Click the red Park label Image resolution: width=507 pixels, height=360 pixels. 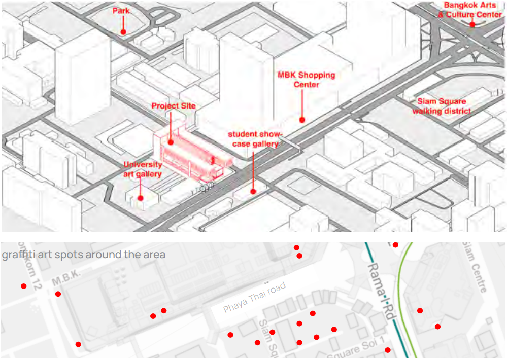pos(121,11)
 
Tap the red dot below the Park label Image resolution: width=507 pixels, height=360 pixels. pos(123,32)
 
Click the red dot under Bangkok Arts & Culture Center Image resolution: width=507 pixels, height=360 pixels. pos(472,23)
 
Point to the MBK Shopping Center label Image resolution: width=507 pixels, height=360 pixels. pos(306,79)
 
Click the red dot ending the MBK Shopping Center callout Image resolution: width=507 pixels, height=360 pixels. pos(302,120)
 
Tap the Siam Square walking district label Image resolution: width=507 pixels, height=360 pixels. pos(441,106)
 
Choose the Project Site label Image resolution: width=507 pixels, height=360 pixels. pos(173,106)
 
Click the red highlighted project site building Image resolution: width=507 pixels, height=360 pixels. pos(193,155)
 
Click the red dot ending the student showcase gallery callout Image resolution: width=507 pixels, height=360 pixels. pos(253,191)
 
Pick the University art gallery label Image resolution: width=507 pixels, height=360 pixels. pos(143,169)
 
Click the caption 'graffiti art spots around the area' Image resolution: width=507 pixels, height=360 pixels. pos(84,255)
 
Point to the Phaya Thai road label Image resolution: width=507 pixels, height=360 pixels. pos(255,298)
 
